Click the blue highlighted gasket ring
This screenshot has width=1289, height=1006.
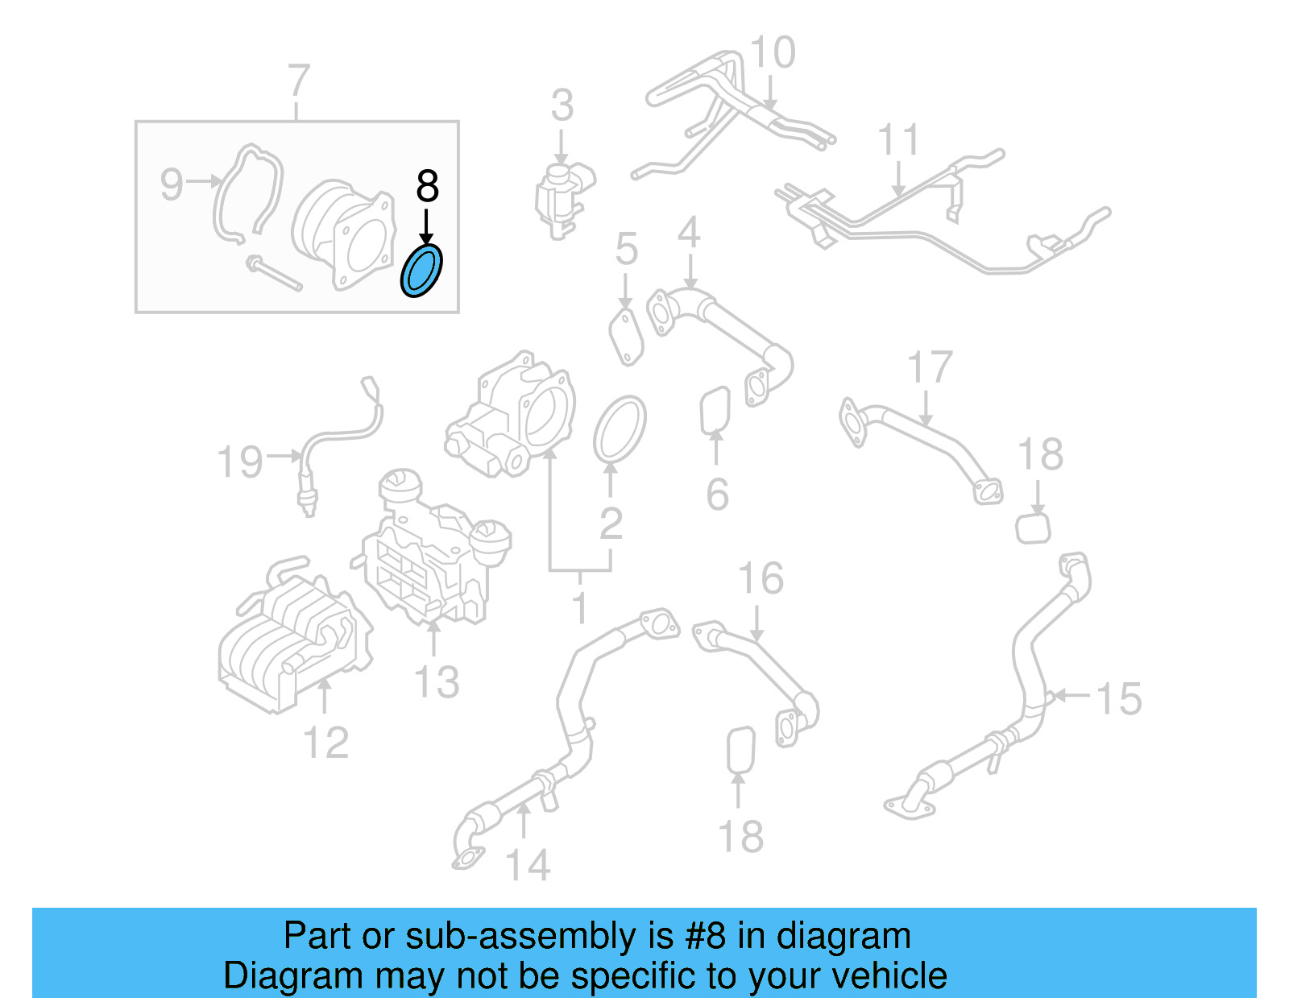(421, 271)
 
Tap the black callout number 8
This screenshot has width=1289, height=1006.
(427, 187)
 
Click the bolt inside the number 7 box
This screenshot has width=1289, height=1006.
(275, 273)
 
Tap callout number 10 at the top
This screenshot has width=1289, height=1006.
(772, 53)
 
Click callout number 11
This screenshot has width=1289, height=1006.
(897, 141)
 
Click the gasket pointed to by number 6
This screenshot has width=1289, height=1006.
(715, 410)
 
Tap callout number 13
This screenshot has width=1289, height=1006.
(436, 682)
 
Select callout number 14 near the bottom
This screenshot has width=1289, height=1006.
(527, 866)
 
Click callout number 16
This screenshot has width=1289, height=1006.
(761, 579)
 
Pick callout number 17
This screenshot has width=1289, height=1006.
(930, 368)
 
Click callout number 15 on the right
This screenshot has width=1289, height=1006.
(1119, 698)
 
